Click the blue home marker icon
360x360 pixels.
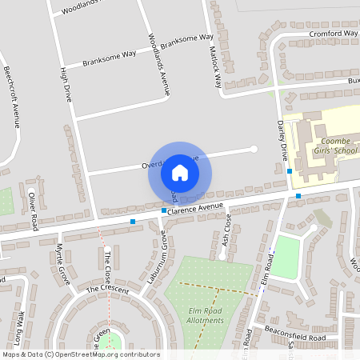pyautogui.click(x=180, y=173)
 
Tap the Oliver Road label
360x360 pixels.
pyautogui.click(x=34, y=210)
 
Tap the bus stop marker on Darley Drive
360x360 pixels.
pyautogui.click(x=290, y=170)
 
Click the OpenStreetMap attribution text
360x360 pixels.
pyautogui.click(x=81, y=354)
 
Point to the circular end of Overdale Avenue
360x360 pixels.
pyautogui.click(x=254, y=148)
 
